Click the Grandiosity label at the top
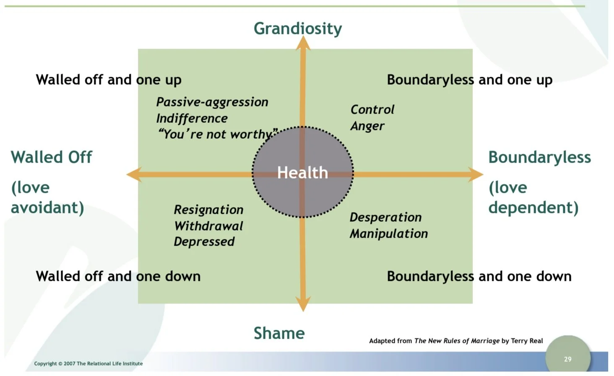(298, 29)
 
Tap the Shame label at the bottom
(279, 333)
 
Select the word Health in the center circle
(302, 173)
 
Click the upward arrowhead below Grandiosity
(303, 43)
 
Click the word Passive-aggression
(212, 102)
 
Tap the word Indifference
(192, 118)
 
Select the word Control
(372, 109)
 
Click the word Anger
(367, 126)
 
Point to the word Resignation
(208, 210)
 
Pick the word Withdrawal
(208, 226)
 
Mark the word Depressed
(204, 242)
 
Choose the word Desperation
(385, 217)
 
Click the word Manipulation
(388, 233)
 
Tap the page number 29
(567, 359)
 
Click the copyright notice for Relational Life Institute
(88, 363)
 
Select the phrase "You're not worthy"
(217, 134)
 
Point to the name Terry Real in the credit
(526, 341)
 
